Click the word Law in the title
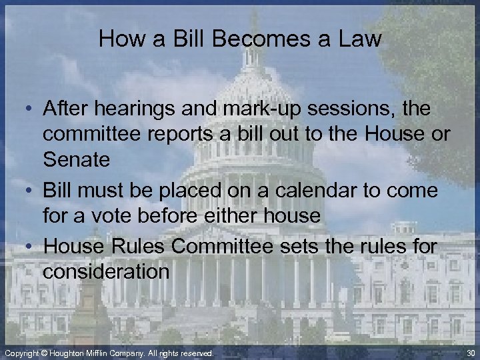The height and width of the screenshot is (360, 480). (360, 39)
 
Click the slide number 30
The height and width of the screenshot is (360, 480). (471, 353)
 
